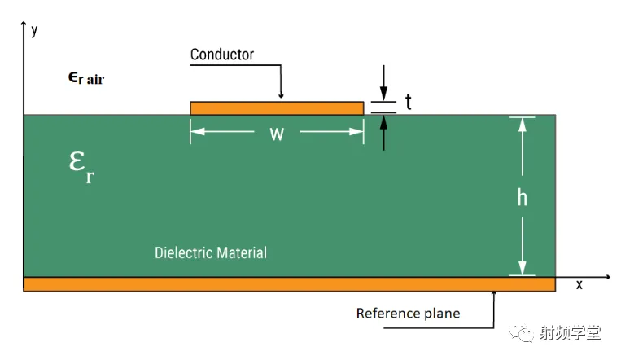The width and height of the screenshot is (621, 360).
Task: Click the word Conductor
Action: pos(222,55)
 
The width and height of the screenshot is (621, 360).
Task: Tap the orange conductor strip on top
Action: pos(277,108)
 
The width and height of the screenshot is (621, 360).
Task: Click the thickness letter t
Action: pos(408,102)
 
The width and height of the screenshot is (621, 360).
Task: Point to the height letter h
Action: pos(522,197)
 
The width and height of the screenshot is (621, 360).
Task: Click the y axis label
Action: pos(34,31)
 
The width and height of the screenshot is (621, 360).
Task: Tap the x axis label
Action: pos(579,284)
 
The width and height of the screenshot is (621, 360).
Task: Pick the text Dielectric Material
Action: pos(211,252)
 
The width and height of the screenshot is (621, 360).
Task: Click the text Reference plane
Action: pos(408,314)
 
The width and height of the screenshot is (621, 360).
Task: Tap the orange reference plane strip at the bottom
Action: pos(289,284)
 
